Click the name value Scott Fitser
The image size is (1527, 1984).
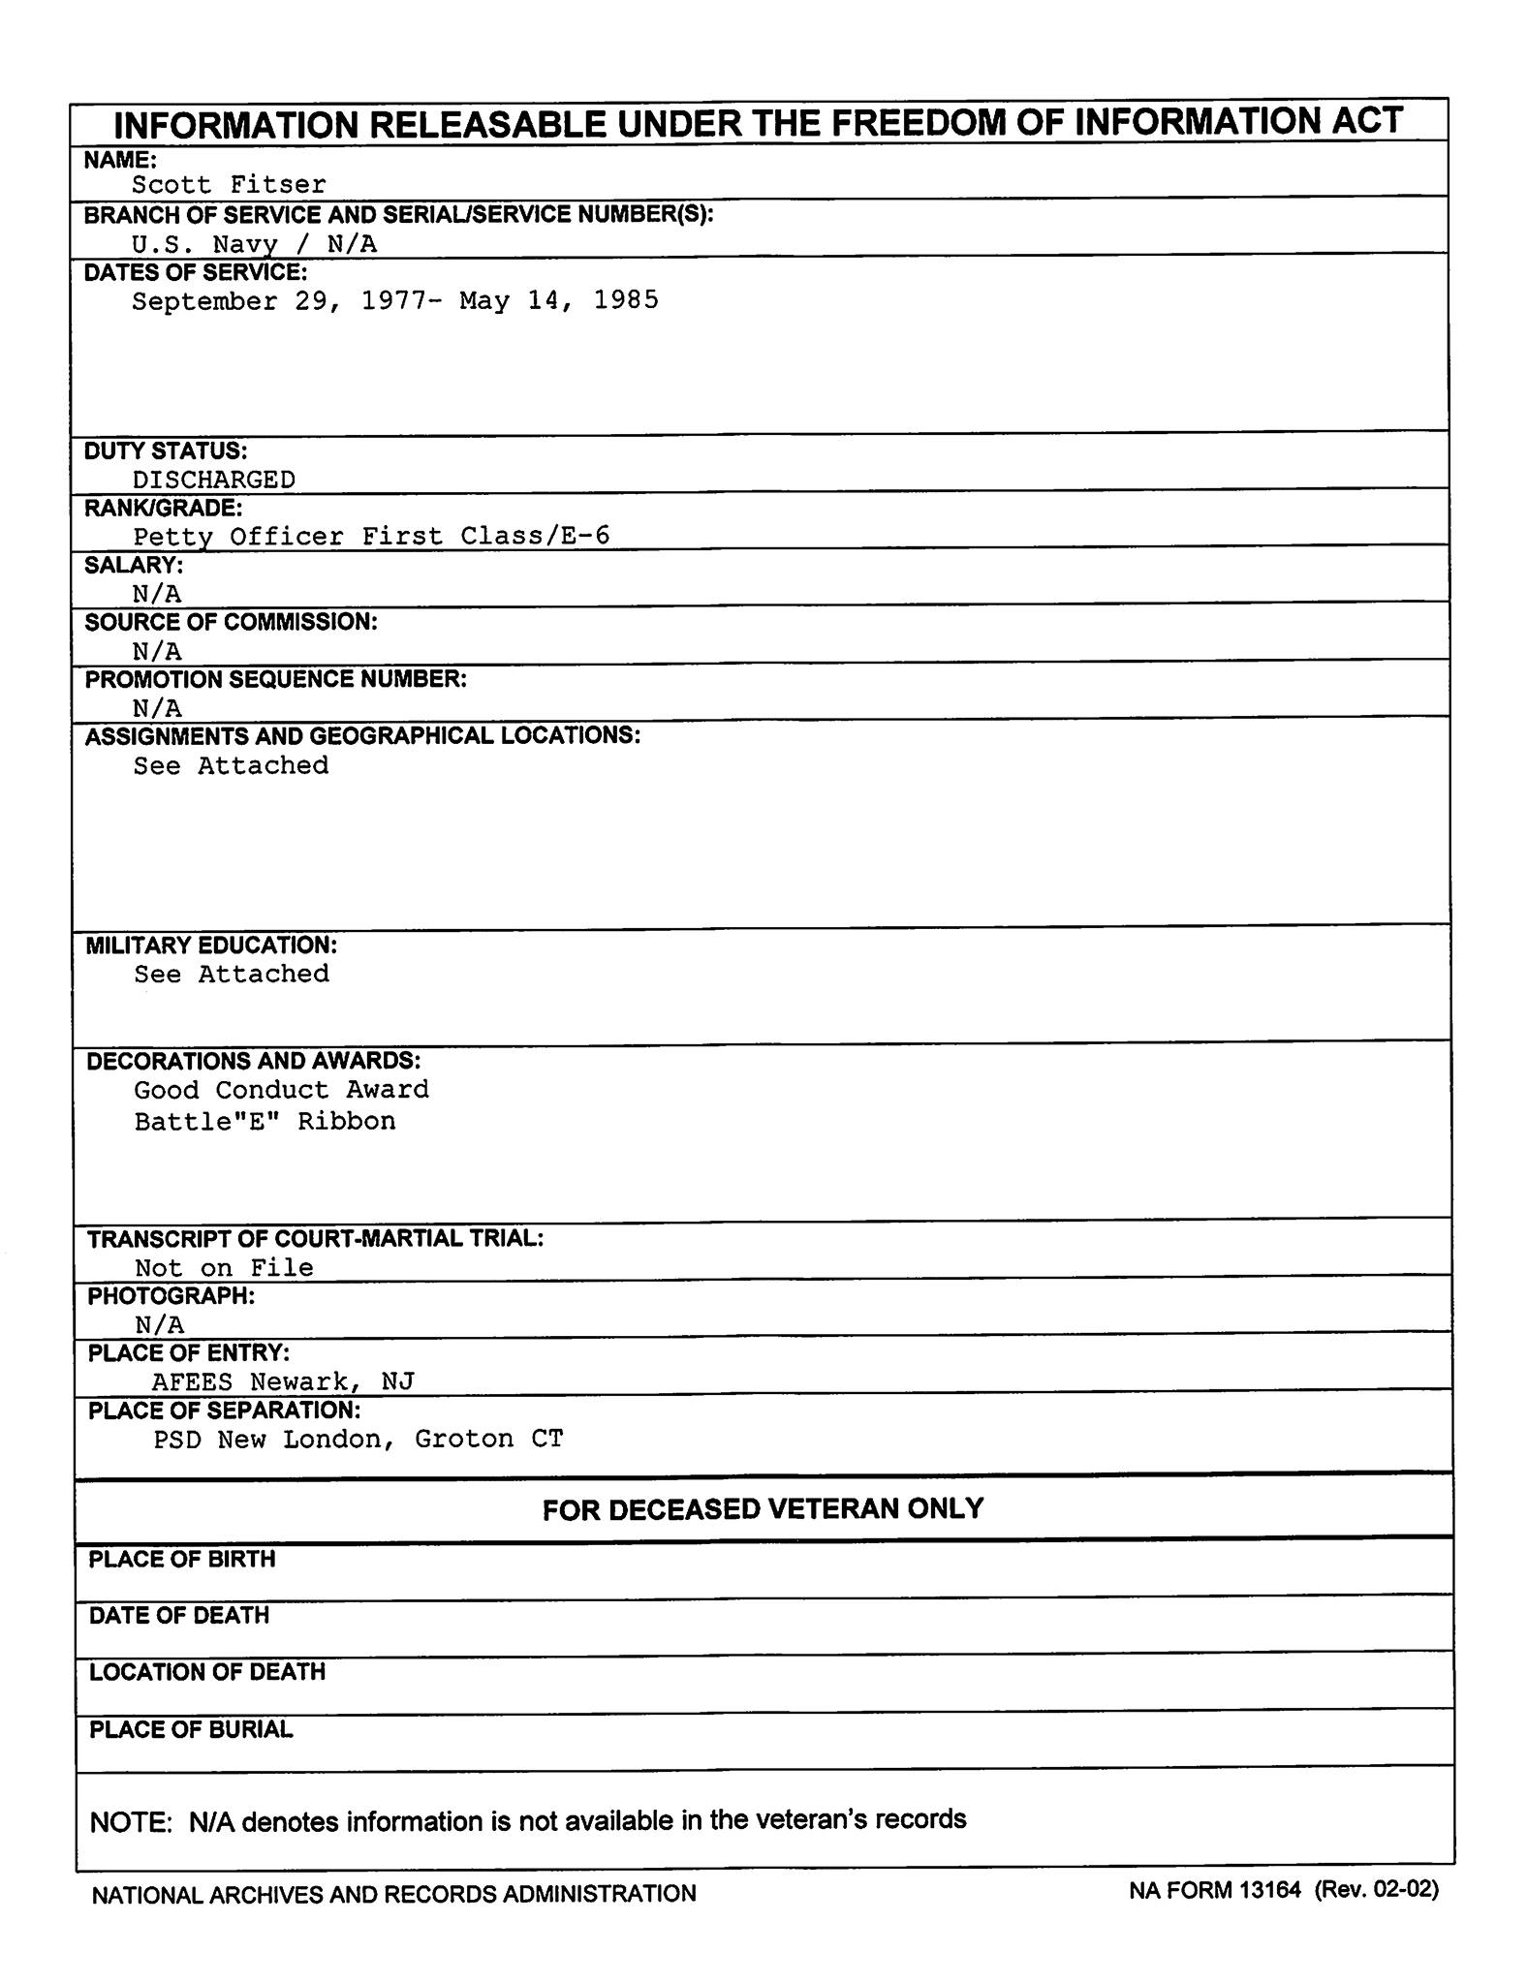coord(229,184)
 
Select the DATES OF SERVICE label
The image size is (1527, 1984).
coord(195,273)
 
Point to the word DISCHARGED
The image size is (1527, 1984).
coord(214,480)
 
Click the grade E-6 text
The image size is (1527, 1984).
coord(585,536)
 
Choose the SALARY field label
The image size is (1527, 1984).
coord(134,565)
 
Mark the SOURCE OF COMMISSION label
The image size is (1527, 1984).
coord(231,622)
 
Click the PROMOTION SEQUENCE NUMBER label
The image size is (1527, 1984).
coord(275,679)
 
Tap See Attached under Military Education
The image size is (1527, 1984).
coord(232,974)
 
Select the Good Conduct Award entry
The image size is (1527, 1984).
coord(281,1090)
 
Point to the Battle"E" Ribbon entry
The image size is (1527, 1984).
coord(265,1121)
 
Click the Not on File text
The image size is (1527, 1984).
coord(224,1267)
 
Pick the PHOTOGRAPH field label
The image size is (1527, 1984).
coord(171,1295)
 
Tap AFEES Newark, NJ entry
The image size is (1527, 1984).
coord(283,1380)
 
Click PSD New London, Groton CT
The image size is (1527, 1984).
coord(358,1439)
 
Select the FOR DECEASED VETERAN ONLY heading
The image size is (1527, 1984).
coord(763,1508)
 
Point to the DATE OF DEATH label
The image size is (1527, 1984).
coord(179,1615)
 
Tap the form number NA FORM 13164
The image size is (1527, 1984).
coord(1214,1890)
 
